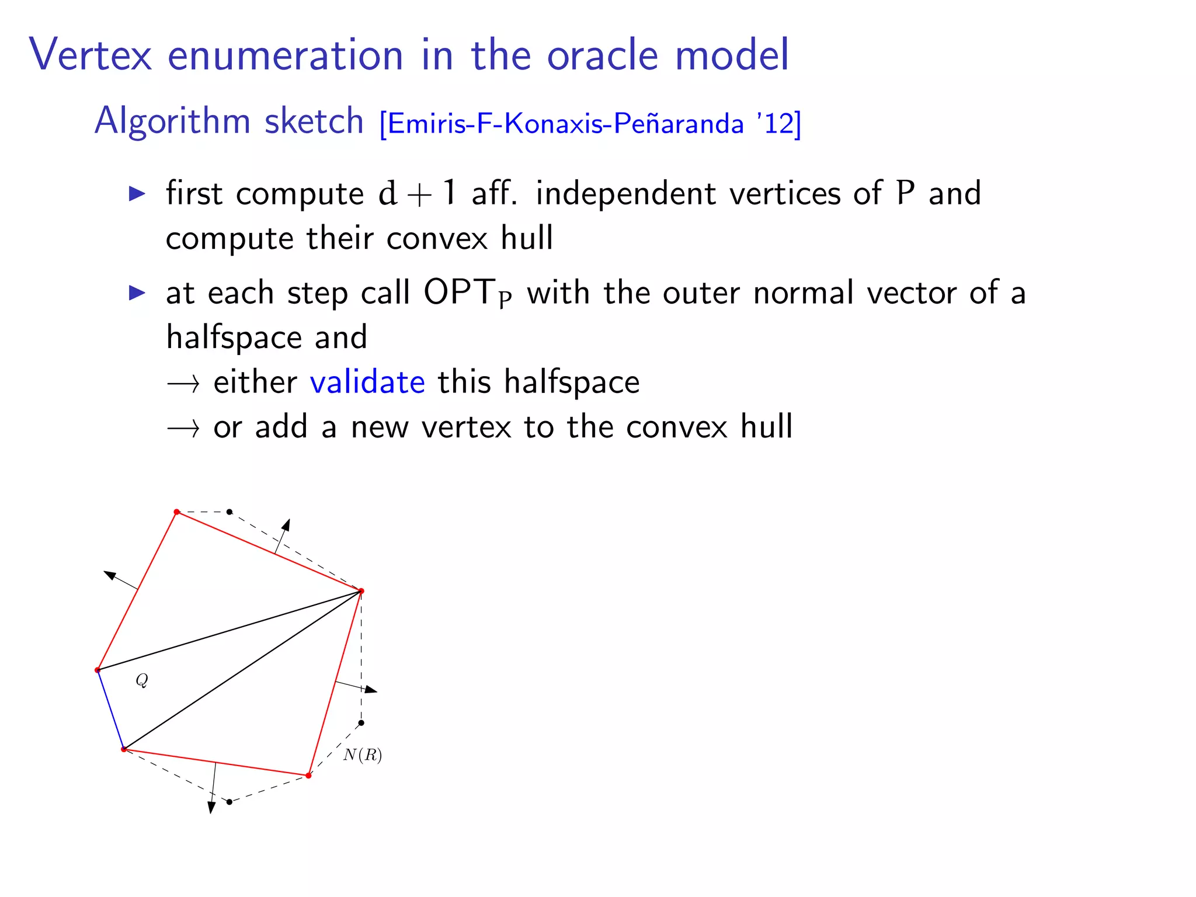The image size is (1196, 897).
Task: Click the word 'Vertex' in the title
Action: [91, 55]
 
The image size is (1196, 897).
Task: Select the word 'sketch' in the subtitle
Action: [314, 121]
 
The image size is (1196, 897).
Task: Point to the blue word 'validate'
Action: [367, 383]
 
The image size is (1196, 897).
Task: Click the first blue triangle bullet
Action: [137, 193]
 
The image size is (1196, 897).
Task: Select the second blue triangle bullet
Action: [137, 292]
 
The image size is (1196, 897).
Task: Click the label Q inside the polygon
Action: [142, 680]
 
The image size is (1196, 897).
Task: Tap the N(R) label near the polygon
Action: [363, 755]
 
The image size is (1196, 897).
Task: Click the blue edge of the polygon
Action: [110, 710]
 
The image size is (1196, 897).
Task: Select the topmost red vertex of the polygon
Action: [176, 512]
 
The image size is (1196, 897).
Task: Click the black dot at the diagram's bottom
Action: [230, 802]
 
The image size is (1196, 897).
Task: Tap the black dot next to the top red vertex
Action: [230, 512]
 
